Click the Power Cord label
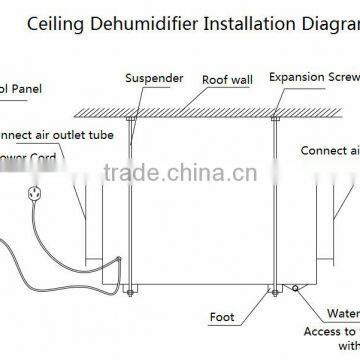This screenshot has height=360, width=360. click(30, 156)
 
